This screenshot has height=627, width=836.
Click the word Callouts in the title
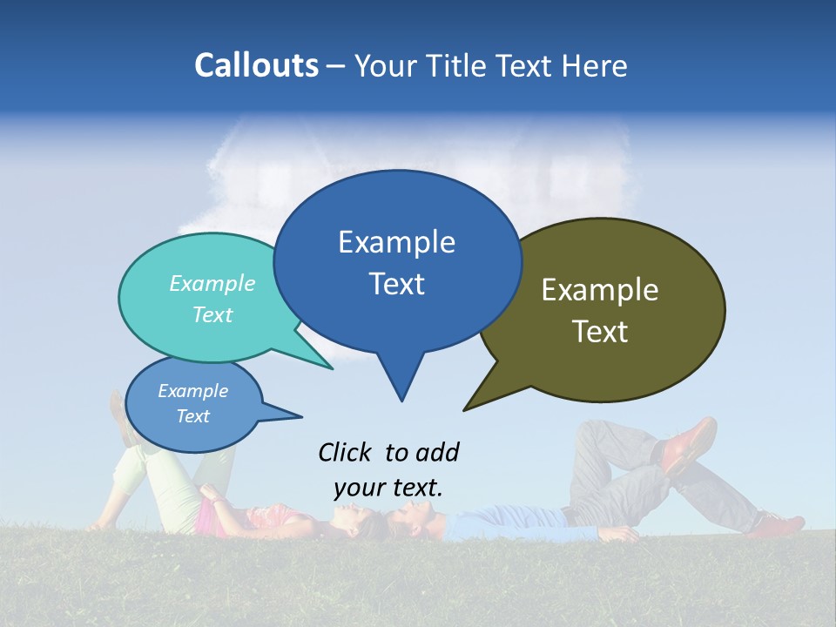tap(256, 65)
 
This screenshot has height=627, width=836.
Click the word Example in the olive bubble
tap(600, 290)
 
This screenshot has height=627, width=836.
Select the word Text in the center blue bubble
tap(397, 284)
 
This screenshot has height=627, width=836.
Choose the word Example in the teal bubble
tap(212, 284)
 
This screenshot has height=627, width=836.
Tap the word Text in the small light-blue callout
tap(193, 416)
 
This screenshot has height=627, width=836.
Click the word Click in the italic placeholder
tap(345, 452)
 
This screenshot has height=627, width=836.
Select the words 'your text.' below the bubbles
tap(388, 488)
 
